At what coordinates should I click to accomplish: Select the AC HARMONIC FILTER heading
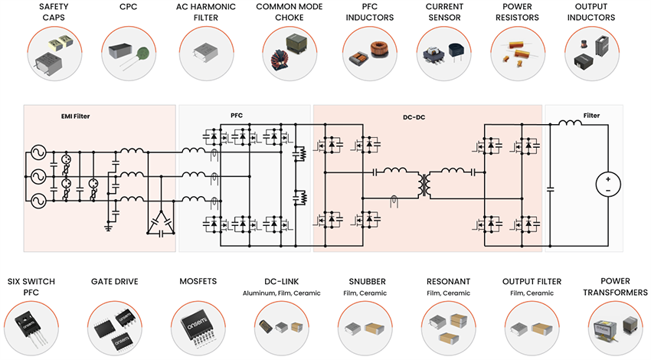(x=204, y=11)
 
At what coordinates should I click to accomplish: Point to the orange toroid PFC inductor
(x=380, y=51)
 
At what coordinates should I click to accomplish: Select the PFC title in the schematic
(x=237, y=116)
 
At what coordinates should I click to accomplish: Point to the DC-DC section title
(x=414, y=116)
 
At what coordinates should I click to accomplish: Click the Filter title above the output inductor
(x=591, y=116)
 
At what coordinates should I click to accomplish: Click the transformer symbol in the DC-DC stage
(x=422, y=184)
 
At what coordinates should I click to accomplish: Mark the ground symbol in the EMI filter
(x=108, y=227)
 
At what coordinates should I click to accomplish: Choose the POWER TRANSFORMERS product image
(x=610, y=326)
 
